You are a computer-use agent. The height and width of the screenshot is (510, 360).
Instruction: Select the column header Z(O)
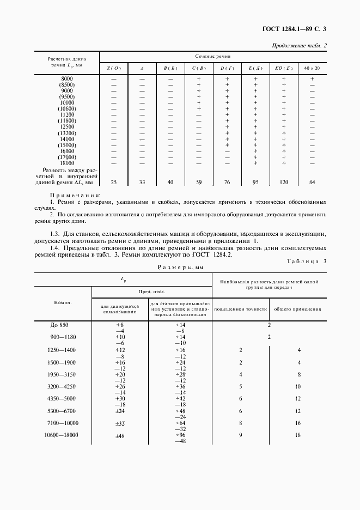pyautogui.click(x=114, y=68)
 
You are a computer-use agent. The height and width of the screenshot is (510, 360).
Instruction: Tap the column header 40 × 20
pyautogui.click(x=312, y=68)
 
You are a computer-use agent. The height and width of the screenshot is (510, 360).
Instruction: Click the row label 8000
pyautogui.click(x=67, y=79)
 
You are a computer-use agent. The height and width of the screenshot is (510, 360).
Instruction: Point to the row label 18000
pyautogui.click(x=67, y=162)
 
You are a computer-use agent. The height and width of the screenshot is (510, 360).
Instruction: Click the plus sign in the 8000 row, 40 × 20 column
pyautogui.click(x=312, y=79)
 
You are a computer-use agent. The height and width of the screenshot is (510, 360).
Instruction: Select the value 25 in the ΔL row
pyautogui.click(x=114, y=182)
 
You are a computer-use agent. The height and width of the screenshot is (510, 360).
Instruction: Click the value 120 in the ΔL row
pyautogui.click(x=284, y=182)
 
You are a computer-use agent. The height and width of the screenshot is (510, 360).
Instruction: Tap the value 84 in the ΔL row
pyautogui.click(x=312, y=182)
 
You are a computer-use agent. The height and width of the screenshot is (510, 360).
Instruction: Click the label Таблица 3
pyautogui.click(x=306, y=261)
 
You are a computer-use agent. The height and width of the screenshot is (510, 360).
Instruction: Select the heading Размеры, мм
pyautogui.click(x=180, y=267)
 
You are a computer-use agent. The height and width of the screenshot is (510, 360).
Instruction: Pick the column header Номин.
pyautogui.click(x=63, y=301)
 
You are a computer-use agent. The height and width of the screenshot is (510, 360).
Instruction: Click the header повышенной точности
pyautogui.click(x=240, y=309)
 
